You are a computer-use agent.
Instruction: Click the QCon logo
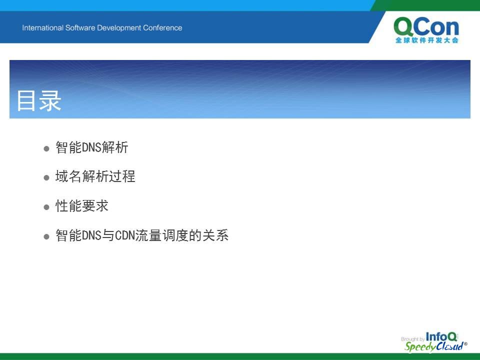(x=426, y=30)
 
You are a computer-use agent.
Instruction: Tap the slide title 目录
(x=39, y=100)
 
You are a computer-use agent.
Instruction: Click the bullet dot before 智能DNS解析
(x=46, y=149)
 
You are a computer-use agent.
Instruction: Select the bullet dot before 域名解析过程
(x=46, y=178)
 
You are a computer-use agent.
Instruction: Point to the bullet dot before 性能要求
(x=46, y=207)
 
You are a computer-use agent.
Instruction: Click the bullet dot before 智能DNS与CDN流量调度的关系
(x=46, y=236)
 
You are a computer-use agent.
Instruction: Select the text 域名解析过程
(x=95, y=176)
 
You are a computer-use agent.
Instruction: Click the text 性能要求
(x=81, y=205)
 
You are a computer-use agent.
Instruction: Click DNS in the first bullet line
(x=91, y=147)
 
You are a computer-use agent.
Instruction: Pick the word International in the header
(x=42, y=28)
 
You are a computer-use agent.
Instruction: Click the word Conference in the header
(x=162, y=28)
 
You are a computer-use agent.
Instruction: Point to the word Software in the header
(x=80, y=28)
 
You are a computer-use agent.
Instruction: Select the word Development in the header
(x=119, y=28)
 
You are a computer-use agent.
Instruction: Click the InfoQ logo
(x=441, y=336)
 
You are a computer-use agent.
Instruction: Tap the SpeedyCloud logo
(x=436, y=346)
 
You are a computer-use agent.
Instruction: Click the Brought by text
(x=412, y=339)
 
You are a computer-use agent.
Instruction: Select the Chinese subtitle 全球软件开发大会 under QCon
(x=426, y=40)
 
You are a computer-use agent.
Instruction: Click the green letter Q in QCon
(x=404, y=27)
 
